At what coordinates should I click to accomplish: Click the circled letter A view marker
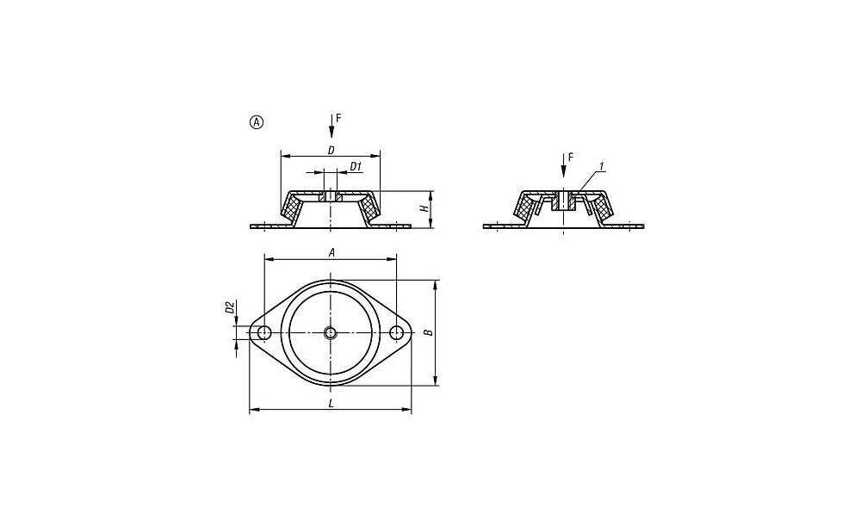(257, 122)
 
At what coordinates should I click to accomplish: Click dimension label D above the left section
(331, 150)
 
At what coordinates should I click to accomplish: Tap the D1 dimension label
(356, 166)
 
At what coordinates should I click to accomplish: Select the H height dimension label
(424, 208)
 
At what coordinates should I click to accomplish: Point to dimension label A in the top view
(331, 252)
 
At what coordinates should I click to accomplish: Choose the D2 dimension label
(230, 307)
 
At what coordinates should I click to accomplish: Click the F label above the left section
(338, 117)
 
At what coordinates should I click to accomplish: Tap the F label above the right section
(571, 157)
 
